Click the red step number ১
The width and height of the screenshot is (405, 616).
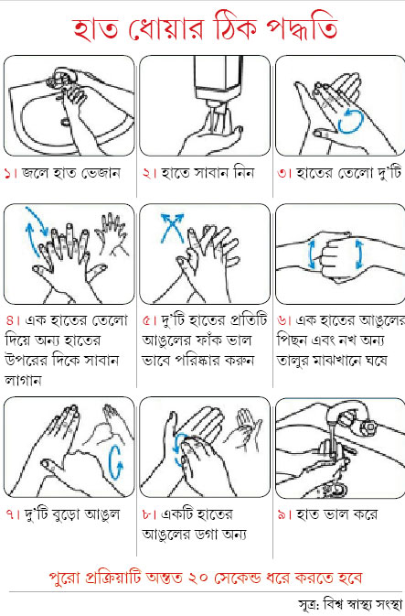click(8, 173)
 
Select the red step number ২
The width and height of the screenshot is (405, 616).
click(146, 173)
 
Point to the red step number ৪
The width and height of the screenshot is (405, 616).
click(10, 320)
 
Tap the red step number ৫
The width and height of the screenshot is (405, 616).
click(147, 320)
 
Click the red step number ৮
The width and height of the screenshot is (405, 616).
click(147, 514)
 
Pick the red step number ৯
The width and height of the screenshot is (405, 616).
click(282, 514)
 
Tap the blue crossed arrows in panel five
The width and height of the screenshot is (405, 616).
click(172, 228)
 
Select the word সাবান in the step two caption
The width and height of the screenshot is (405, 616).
click(209, 173)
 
